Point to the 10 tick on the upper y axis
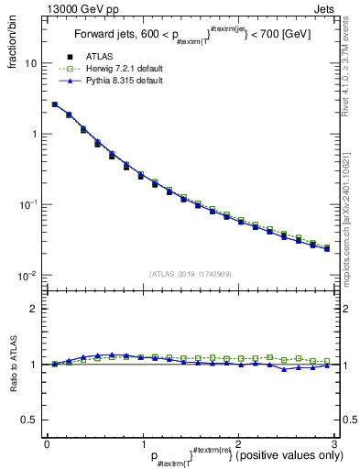click(31, 64)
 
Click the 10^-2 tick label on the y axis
click(27, 276)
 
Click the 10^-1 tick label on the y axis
click(27, 205)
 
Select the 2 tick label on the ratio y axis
click(34, 309)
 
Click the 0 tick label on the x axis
click(47, 443)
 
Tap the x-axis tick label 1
click(142, 443)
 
